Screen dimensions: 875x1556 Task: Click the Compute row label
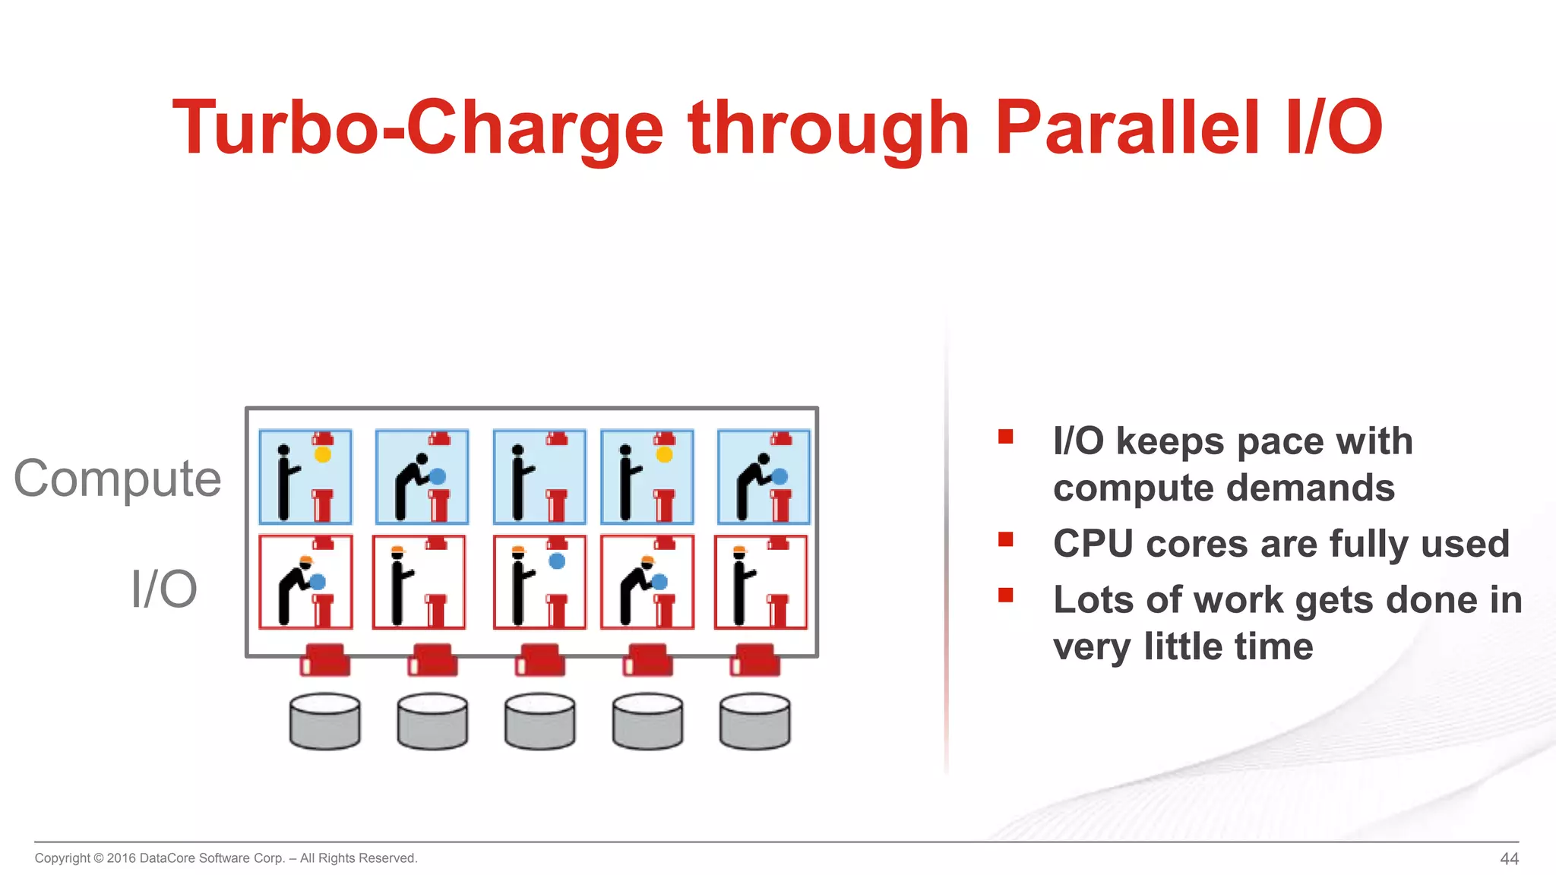point(118,479)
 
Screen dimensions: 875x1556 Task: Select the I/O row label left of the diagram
point(163,589)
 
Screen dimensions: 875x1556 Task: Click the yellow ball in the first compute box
point(323,454)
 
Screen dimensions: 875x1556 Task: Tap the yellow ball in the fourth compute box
point(664,454)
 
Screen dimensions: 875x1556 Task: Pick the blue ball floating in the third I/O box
point(557,561)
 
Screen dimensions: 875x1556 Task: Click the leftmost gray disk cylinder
point(325,722)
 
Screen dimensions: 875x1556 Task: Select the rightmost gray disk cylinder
point(754,722)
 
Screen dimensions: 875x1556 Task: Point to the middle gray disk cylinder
point(540,722)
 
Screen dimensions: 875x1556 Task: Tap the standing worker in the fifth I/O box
point(740,585)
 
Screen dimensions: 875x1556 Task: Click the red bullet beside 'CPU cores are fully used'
point(1006,539)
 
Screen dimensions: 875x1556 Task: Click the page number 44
point(1509,858)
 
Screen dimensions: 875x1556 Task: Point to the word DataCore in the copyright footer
point(167,858)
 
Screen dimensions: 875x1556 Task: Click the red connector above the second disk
point(433,660)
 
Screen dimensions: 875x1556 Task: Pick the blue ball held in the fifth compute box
point(780,477)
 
